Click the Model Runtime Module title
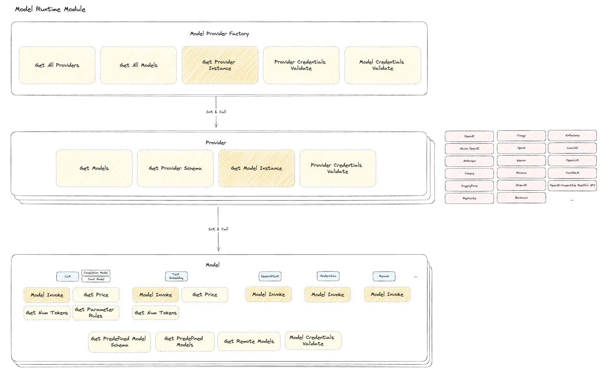50,9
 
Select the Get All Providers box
57,65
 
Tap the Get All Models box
139,65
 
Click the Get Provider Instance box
220,65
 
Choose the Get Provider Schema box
175,168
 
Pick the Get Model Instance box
257,168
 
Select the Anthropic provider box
469,161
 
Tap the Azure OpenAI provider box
469,149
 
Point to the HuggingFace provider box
469,186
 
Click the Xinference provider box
572,136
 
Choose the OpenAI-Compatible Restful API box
572,185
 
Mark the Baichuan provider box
521,198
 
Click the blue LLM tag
68,276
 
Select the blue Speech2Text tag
270,276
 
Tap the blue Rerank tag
384,276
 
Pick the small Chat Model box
96,279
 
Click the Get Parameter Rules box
95,313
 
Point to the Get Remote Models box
249,341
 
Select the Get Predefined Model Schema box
119,342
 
